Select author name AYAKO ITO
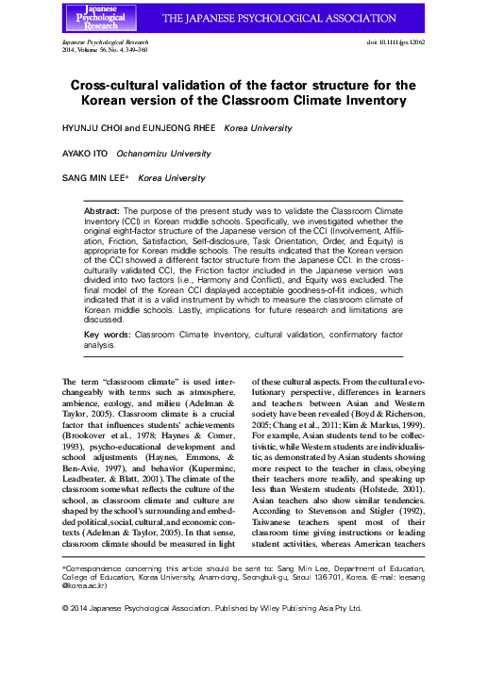[82, 152]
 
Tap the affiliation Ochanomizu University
[157, 152]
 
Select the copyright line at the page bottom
[211, 608]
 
